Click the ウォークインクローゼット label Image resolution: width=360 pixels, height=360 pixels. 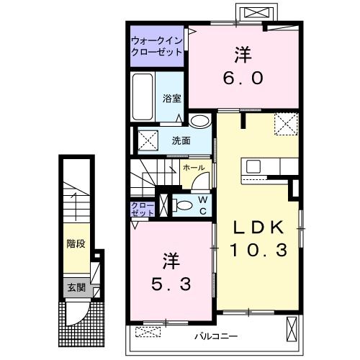[x=157, y=47]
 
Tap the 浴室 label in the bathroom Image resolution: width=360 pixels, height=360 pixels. [x=172, y=99]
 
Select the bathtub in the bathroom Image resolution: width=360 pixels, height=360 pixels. [x=143, y=97]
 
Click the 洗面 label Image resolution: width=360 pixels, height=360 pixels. [x=181, y=140]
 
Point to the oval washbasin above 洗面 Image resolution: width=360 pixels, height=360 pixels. [x=199, y=120]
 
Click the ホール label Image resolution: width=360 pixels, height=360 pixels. [x=194, y=168]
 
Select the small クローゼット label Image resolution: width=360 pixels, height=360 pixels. [x=143, y=210]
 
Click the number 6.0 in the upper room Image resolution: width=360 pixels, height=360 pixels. [x=243, y=78]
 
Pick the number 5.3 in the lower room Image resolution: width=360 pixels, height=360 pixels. [x=171, y=284]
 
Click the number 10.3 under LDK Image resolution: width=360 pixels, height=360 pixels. [x=258, y=250]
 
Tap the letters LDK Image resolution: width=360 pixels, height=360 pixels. [x=258, y=228]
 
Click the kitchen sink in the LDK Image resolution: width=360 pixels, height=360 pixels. [x=253, y=166]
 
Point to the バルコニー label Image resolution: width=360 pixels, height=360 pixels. [x=216, y=336]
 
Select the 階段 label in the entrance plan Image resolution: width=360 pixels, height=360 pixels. [x=76, y=244]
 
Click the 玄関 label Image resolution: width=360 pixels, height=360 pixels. [x=76, y=287]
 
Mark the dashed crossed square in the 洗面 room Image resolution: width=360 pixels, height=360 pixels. [x=148, y=140]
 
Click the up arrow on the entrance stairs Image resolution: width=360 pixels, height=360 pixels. [x=76, y=207]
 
